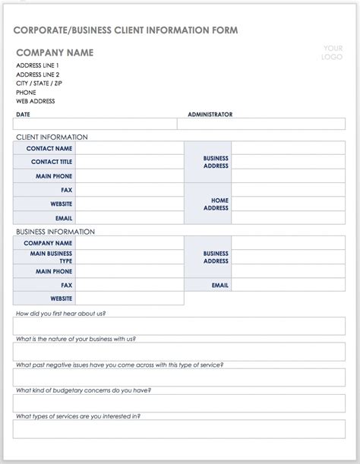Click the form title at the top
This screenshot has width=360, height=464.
click(125, 30)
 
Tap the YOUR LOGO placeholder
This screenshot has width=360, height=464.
click(333, 52)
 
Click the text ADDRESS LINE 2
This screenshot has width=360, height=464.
click(37, 74)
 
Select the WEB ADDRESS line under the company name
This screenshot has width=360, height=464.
click(35, 101)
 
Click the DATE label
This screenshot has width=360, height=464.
click(23, 115)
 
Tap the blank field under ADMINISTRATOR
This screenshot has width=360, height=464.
click(261, 124)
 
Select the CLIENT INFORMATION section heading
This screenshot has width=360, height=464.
click(52, 137)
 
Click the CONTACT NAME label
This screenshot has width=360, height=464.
click(49, 149)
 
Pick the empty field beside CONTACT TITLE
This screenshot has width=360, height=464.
click(129, 163)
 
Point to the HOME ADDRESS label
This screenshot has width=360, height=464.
click(216, 204)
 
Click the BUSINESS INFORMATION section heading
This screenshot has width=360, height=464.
click(55, 232)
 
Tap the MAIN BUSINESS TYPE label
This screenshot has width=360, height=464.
click(51, 257)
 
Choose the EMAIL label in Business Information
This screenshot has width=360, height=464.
click(220, 285)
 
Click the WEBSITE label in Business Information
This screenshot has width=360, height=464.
click(62, 298)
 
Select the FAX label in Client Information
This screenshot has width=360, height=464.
click(67, 190)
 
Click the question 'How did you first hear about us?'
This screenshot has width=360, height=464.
click(61, 313)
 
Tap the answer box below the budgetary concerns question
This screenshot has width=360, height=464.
click(179, 402)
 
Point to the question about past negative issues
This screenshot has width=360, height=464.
click(119, 365)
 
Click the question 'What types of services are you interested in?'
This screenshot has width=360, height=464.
click(78, 416)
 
